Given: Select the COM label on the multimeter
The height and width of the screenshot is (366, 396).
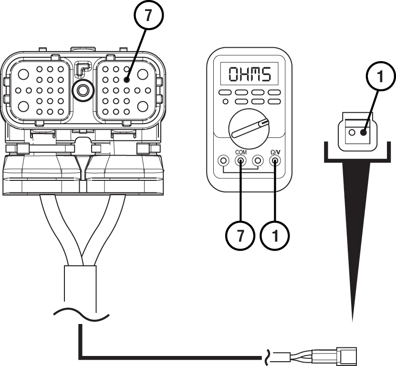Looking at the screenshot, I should point(240,152).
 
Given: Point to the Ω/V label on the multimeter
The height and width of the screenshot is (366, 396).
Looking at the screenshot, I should point(275,152).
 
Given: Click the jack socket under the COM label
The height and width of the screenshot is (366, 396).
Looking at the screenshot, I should point(240,161).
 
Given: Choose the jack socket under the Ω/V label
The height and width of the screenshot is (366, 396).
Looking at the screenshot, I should point(275,161).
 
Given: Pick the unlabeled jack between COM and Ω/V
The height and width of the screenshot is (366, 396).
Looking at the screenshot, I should point(258,161).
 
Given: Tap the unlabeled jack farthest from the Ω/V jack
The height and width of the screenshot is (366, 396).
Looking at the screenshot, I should point(223,161).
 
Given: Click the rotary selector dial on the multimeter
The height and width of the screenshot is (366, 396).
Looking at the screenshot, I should point(249,127).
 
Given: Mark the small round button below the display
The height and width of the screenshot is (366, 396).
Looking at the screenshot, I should point(225,101).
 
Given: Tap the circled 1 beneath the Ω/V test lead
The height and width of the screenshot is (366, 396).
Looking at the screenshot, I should point(273,235).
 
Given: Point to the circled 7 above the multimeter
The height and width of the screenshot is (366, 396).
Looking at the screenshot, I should point(148,15).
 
